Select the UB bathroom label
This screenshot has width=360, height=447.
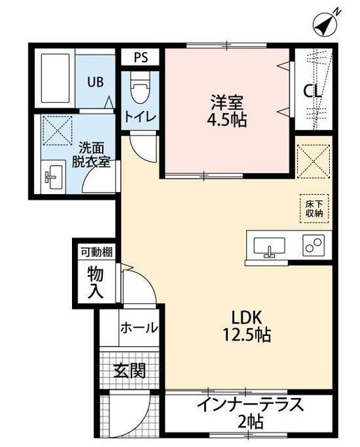click(x=95, y=82)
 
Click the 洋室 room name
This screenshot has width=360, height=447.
click(x=227, y=100)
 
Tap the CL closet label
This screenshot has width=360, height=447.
click(x=312, y=91)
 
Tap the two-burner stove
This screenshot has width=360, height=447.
click(x=313, y=247)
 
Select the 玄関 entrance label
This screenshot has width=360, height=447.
click(x=129, y=369)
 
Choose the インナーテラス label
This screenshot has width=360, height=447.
click(x=249, y=404)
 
